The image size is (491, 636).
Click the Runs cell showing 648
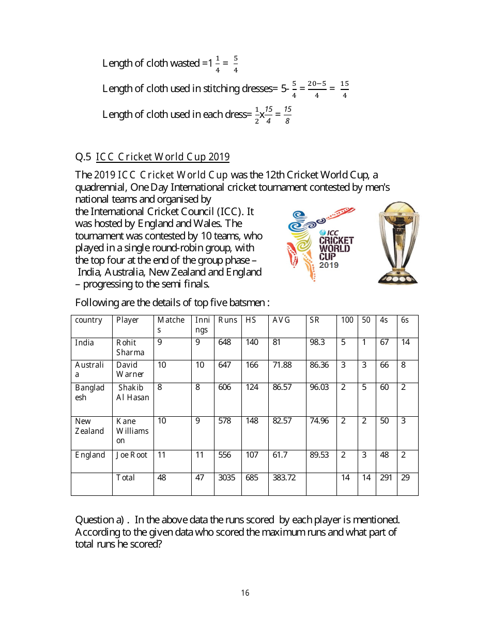(225, 342)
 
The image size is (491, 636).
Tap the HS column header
(251, 320)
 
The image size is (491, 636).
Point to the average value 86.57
(282, 387)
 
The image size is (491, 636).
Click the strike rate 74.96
(319, 421)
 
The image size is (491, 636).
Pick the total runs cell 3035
(226, 478)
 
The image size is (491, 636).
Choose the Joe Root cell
(132, 455)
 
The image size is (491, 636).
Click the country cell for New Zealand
(90, 426)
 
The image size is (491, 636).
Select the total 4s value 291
(386, 478)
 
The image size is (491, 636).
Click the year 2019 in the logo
(329, 265)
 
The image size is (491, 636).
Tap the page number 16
(245, 593)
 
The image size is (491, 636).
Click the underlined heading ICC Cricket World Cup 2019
(163, 157)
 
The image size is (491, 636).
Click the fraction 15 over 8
(287, 115)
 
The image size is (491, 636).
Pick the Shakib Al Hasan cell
(133, 392)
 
